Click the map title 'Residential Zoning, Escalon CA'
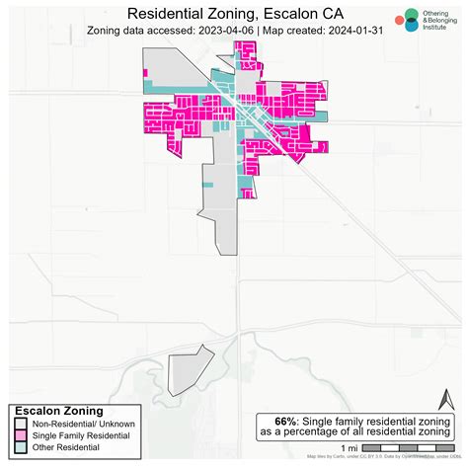(x=234, y=14)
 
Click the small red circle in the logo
(x=397, y=19)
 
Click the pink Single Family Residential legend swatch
(x=20, y=435)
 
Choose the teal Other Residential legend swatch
(x=20, y=448)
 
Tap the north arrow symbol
(x=445, y=399)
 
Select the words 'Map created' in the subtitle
(x=285, y=31)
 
